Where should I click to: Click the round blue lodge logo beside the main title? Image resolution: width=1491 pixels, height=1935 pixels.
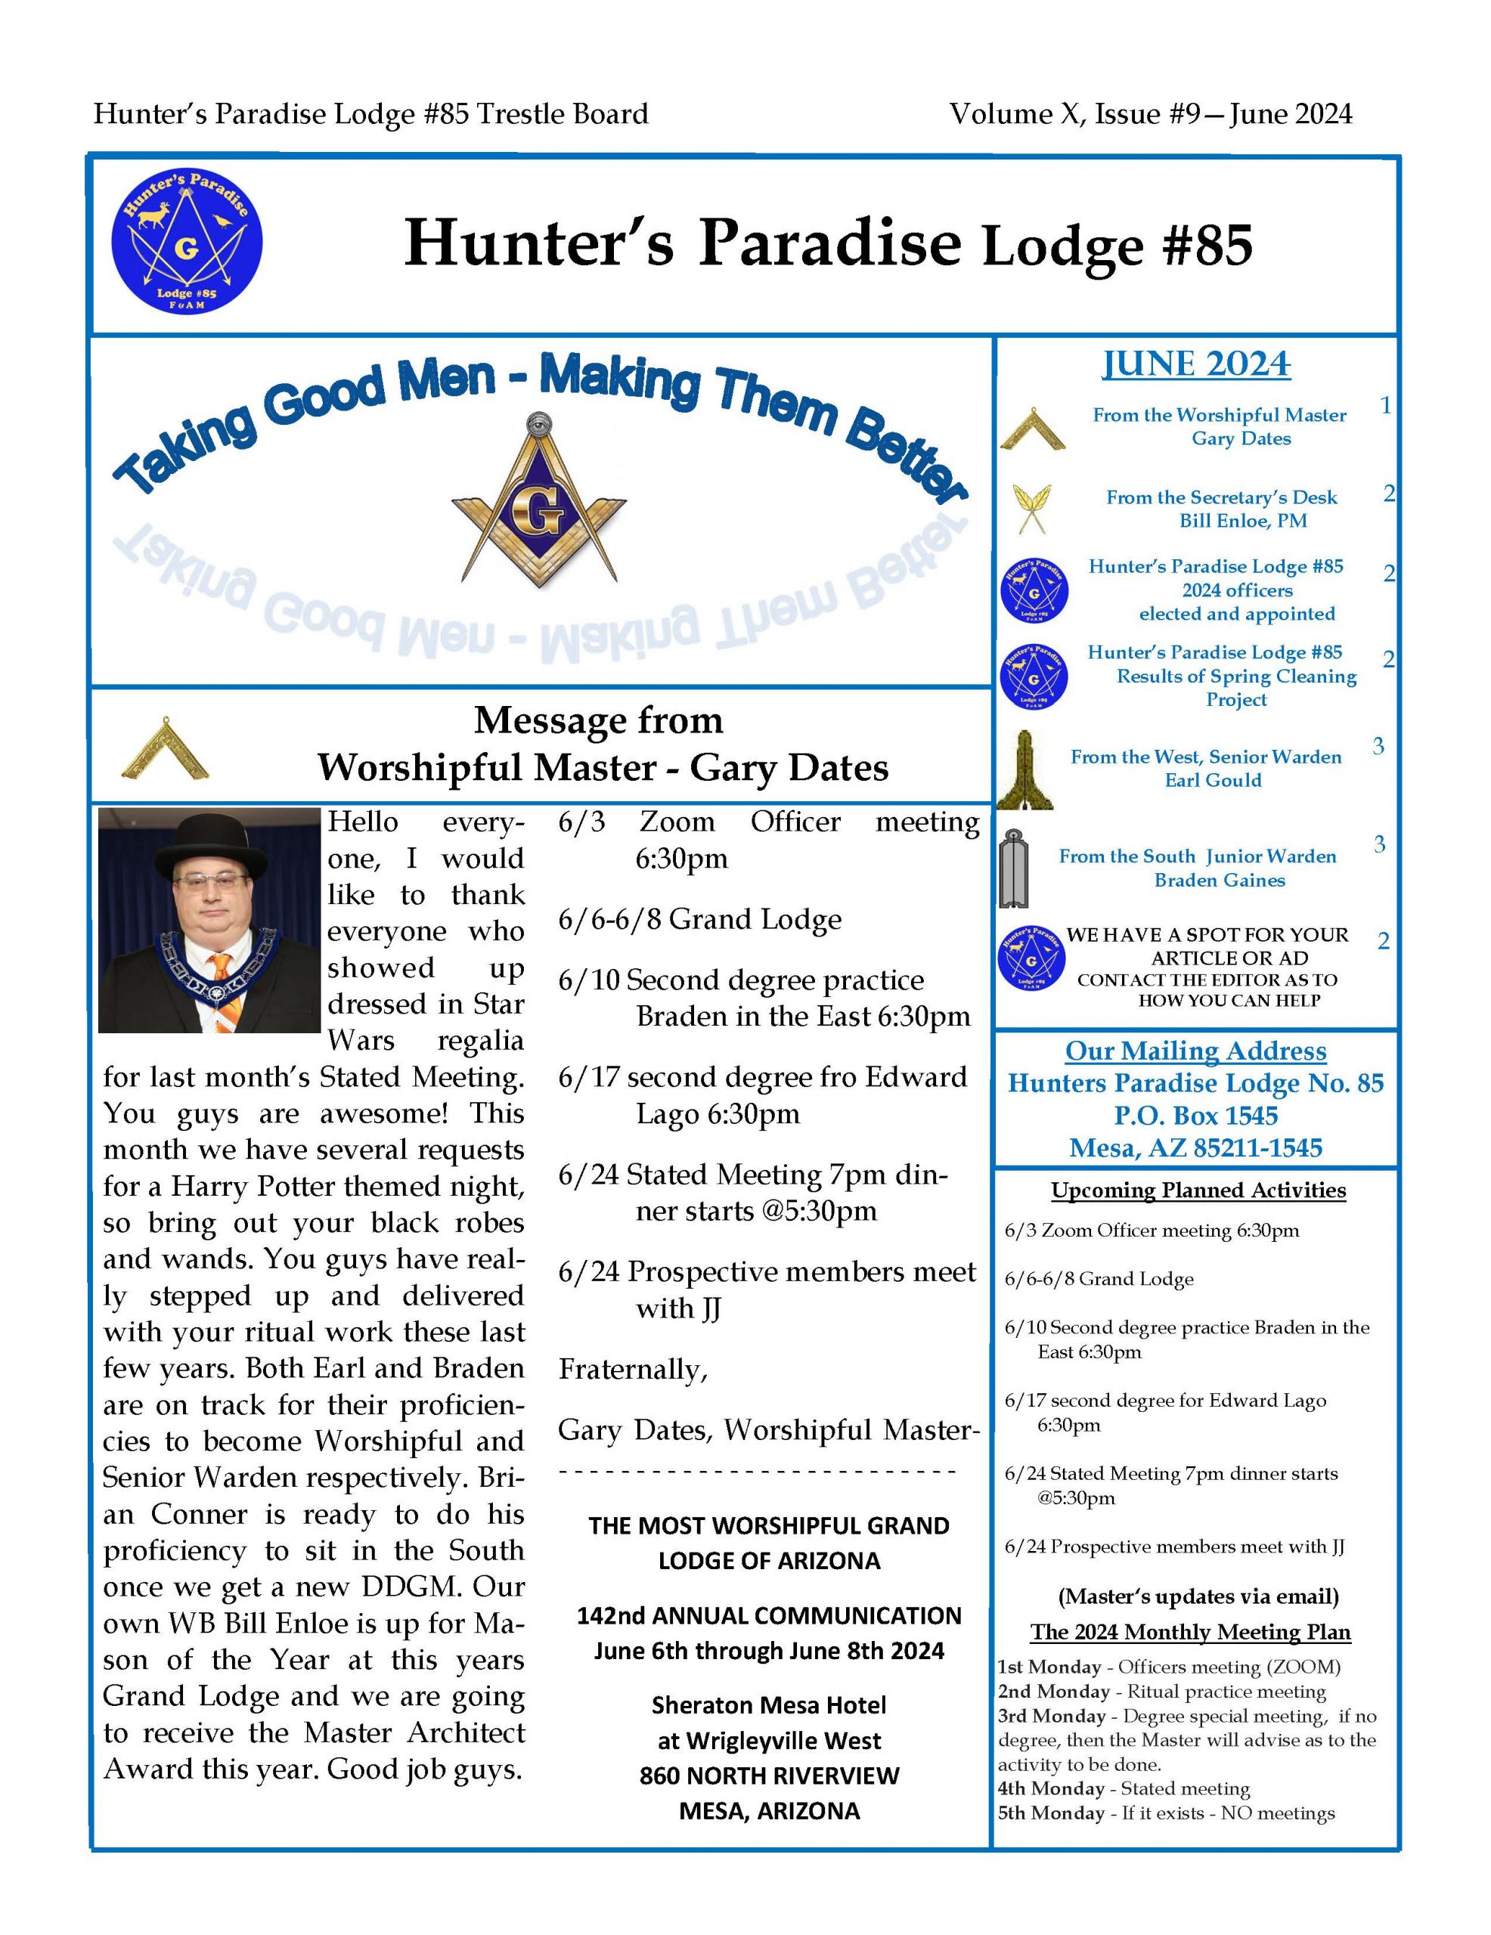186,241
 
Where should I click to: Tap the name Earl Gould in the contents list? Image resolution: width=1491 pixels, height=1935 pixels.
1213,780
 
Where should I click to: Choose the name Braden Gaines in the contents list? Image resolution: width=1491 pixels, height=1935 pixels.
1219,880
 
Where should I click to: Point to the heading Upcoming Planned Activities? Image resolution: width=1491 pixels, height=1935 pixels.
1198,1190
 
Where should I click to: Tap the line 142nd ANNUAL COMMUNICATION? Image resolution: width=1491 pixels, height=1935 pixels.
768,1615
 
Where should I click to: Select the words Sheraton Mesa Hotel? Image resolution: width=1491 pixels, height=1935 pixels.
768,1704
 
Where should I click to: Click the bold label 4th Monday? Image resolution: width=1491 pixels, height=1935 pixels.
1050,1788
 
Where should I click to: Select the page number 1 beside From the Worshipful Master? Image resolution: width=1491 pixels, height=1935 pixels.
1384,406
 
